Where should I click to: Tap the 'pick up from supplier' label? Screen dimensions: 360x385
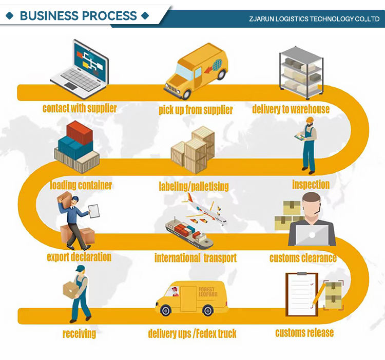[195, 110]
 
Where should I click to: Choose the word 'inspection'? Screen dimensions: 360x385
[311, 184]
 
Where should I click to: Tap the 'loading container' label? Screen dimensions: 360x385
[81, 185]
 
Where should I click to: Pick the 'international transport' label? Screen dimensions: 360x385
[196, 257]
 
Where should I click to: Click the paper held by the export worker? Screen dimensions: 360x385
[94, 211]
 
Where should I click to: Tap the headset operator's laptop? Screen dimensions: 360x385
[312, 234]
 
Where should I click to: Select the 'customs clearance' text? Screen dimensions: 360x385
[303, 257]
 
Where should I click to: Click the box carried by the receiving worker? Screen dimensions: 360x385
[71, 290]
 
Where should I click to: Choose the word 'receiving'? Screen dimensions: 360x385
[79, 334]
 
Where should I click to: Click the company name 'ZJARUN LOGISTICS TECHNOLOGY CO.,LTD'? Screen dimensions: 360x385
[314, 19]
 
